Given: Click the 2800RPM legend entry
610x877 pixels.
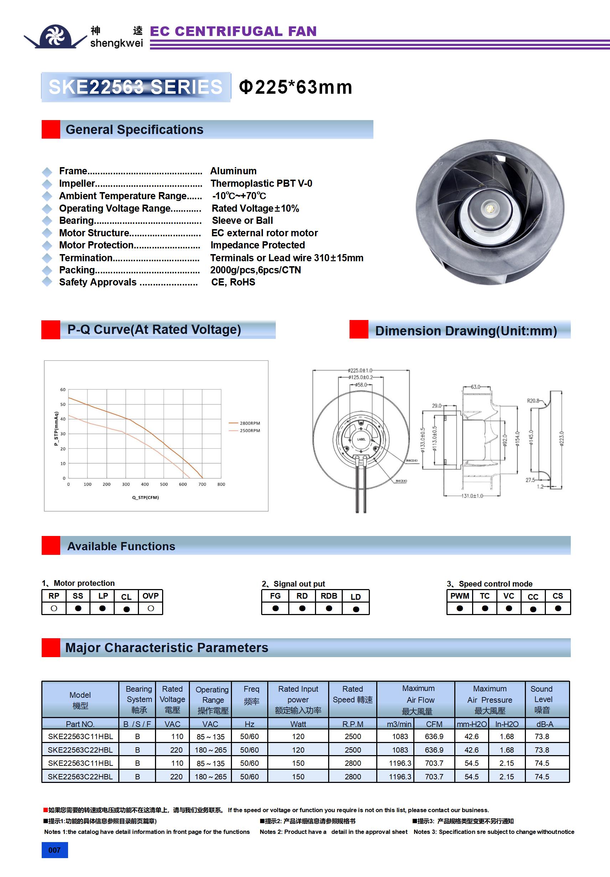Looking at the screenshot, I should [249, 423].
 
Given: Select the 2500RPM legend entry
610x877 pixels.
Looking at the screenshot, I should [249, 430].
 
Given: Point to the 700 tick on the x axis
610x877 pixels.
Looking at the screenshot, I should [202, 484].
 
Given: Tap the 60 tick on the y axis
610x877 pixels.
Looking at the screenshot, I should [63, 390].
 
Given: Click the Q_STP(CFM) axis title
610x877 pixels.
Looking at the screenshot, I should [145, 497].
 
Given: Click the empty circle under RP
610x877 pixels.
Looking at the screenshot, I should [54, 608].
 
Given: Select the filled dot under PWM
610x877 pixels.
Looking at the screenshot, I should [460, 608].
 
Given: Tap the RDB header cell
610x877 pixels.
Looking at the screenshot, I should [329, 596].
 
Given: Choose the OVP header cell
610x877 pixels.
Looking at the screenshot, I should [150, 596].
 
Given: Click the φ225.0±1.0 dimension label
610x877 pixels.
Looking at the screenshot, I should [360, 371].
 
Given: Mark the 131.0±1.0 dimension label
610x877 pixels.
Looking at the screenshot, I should [472, 496].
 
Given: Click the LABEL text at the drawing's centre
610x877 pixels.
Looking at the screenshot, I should [361, 439].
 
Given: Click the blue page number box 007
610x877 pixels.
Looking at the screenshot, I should [55, 850].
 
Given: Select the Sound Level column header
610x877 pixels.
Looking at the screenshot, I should [542, 700].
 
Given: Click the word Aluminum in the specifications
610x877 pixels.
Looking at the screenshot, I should [233, 171].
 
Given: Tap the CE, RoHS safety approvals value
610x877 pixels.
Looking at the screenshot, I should [233, 282].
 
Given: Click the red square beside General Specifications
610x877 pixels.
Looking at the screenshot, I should [51, 129].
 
